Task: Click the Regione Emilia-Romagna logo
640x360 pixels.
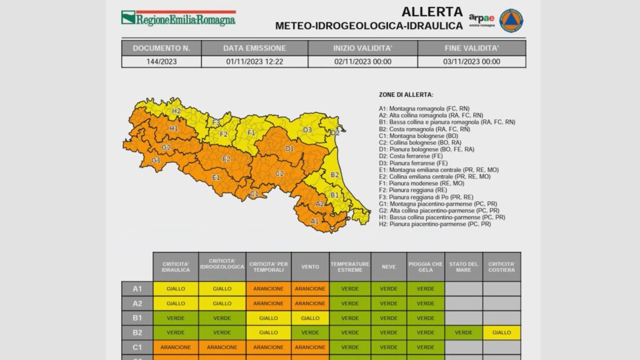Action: [x=178, y=17]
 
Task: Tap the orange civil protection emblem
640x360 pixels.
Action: [x=511, y=20]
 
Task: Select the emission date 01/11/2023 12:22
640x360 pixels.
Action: [x=254, y=62]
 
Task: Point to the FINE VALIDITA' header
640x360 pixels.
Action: [x=472, y=48]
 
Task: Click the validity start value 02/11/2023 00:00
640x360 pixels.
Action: [x=362, y=62]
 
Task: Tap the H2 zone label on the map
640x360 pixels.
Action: [x=176, y=111]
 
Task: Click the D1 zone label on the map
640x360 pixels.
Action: [x=289, y=149]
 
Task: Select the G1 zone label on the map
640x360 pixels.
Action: [x=156, y=161]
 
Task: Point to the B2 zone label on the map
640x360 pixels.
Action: [x=334, y=175]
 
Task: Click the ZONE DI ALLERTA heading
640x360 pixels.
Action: [x=406, y=95]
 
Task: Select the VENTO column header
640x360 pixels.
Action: [x=309, y=266]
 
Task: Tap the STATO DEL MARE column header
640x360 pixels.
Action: [x=463, y=266]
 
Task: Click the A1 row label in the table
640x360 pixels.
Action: [x=137, y=289]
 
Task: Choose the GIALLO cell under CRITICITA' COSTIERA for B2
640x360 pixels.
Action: [x=501, y=332]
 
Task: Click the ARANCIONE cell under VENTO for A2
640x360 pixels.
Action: [x=309, y=303]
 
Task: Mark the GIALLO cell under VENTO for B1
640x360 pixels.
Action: [x=309, y=318]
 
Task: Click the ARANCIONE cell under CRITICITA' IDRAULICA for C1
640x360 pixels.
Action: [x=176, y=347]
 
